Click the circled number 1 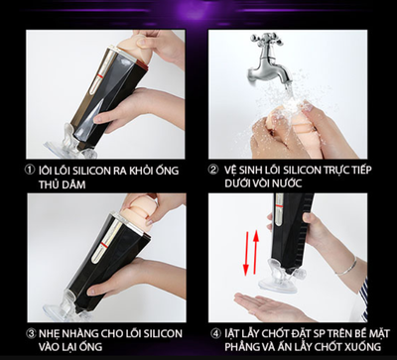30,171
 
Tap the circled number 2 212,171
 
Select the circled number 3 31,334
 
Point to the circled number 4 215,334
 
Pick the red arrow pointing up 255,251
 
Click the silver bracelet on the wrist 347,267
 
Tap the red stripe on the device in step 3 104,246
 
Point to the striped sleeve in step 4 363,300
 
